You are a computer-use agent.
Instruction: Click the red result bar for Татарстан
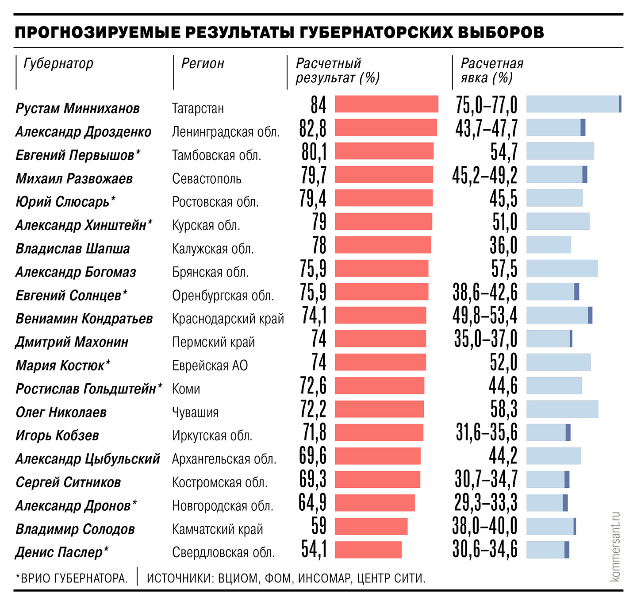point(386,104)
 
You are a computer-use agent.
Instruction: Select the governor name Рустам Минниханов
point(78,108)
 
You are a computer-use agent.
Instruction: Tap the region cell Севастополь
point(207,179)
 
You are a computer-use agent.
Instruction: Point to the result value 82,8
point(313,128)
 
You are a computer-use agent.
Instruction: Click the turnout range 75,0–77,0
point(486,105)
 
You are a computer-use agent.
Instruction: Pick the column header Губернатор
point(58,64)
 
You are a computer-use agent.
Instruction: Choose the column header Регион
point(203,64)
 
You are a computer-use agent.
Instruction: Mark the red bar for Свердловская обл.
point(368,550)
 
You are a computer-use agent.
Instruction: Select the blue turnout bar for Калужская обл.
point(549,245)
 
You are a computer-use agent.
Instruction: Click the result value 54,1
point(314,549)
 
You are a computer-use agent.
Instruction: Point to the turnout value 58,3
point(504,409)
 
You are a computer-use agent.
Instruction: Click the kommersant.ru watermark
point(615,547)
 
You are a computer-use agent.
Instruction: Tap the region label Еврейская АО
point(210,366)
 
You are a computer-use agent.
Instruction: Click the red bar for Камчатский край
point(371,526)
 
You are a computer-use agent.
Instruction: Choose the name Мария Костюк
point(60,366)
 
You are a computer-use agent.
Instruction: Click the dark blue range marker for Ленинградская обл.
point(583,127)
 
